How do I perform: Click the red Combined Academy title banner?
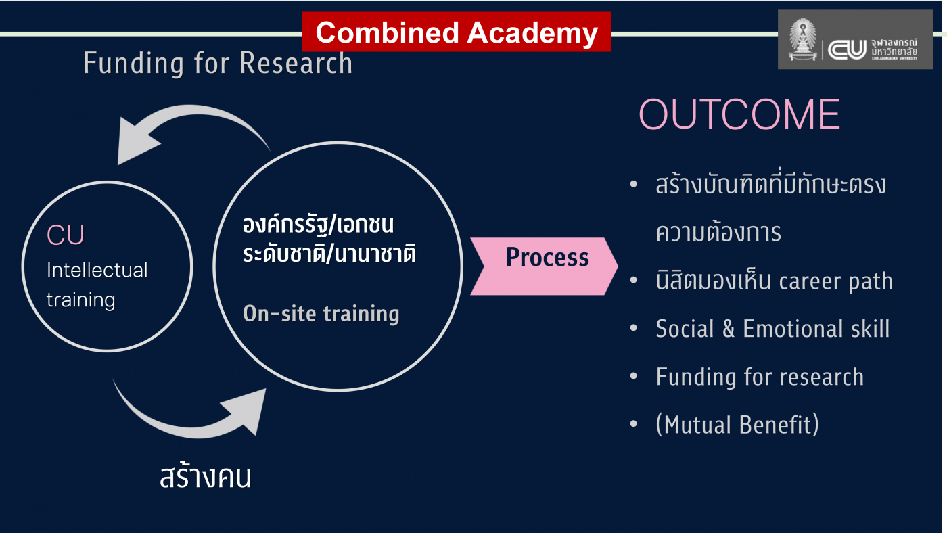click(x=457, y=32)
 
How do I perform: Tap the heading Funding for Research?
click(x=218, y=64)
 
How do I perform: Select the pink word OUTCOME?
click(x=739, y=115)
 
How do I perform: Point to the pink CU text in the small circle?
click(x=66, y=235)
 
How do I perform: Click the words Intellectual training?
click(x=96, y=285)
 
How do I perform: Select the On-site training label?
click(x=321, y=314)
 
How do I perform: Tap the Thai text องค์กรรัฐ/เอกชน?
click(x=318, y=225)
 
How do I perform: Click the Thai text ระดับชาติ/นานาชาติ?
click(x=329, y=254)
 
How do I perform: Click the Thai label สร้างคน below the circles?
click(x=206, y=477)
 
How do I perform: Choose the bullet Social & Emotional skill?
click(x=772, y=329)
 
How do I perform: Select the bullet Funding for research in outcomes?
click(x=760, y=377)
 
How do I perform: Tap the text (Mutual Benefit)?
click(x=737, y=425)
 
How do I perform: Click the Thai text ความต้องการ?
click(x=718, y=233)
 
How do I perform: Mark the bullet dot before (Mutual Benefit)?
click(x=633, y=425)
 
